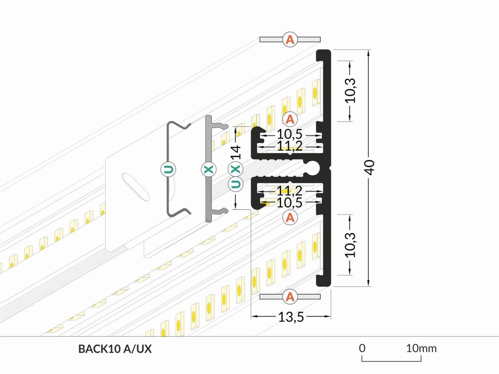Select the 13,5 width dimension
pyautogui.click(x=291, y=317)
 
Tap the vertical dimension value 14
pyautogui.click(x=236, y=152)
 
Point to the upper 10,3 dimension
pyautogui.click(x=350, y=90)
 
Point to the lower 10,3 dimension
pyautogui.click(x=350, y=244)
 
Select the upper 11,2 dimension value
pyautogui.click(x=290, y=145)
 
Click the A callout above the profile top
pyautogui.click(x=290, y=39)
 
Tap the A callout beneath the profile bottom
pyautogui.click(x=290, y=296)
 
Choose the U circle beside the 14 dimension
pyautogui.click(x=235, y=184)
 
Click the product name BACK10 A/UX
pyautogui.click(x=111, y=349)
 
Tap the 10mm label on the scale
pyautogui.click(x=422, y=348)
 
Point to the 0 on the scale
pyautogui.click(x=362, y=348)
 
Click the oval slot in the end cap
pyautogui.click(x=135, y=186)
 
